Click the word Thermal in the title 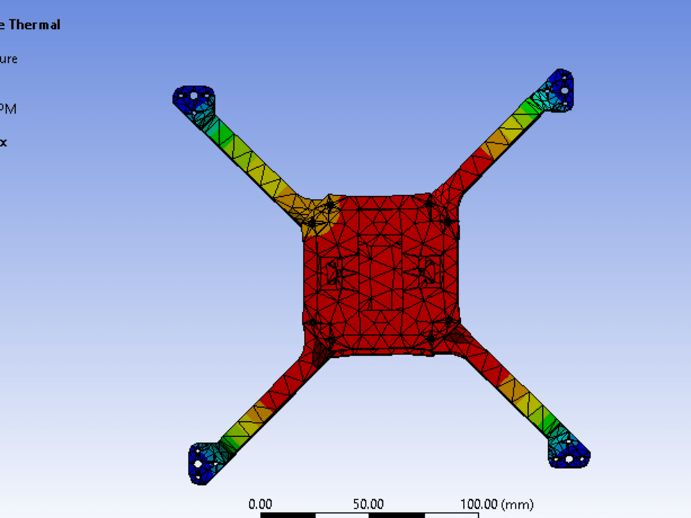click(34, 25)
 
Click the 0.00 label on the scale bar click(260, 505)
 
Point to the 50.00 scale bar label click(368, 505)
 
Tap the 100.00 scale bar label click(479, 505)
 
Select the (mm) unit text click(518, 505)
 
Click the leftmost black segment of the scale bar click(287, 515)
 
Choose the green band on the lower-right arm click(549, 422)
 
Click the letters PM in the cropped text click(9, 109)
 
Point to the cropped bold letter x click(3, 142)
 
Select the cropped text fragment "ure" click(9, 59)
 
